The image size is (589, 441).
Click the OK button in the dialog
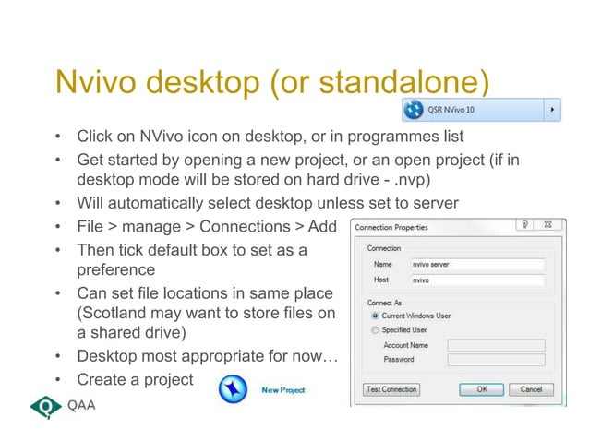tap(481, 389)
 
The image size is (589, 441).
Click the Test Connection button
tap(391, 389)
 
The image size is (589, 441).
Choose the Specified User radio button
tap(375, 329)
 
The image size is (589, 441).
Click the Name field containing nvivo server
tap(476, 264)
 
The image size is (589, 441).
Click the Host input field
tap(476, 280)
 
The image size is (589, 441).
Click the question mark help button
tap(523, 226)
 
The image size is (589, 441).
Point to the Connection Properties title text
tap(391, 227)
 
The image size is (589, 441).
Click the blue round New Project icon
tap(233, 389)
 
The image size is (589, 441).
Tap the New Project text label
tap(282, 390)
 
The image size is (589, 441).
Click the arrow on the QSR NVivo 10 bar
tap(554, 109)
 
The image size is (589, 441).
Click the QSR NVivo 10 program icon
tap(412, 109)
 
